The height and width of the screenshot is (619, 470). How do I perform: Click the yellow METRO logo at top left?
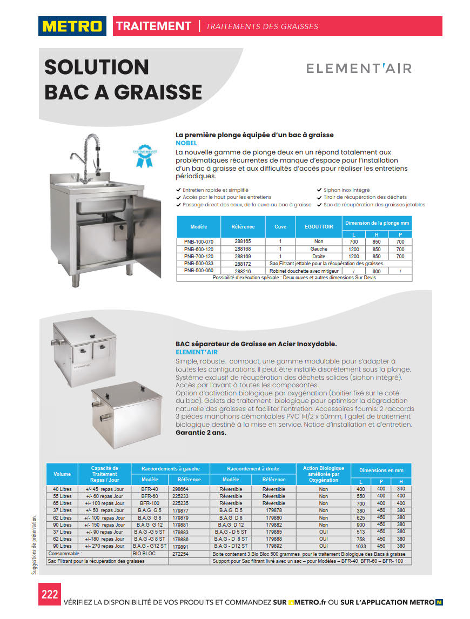pyautogui.click(x=72, y=26)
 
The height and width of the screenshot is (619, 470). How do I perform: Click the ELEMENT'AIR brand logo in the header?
pyautogui.click(x=359, y=69)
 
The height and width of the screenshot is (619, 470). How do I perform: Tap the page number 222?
pyautogui.click(x=49, y=595)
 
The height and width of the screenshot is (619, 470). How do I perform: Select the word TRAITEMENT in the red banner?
pyautogui.click(x=153, y=26)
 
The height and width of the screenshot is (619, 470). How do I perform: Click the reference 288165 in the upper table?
pyautogui.click(x=243, y=241)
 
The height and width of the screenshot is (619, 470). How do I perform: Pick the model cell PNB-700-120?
pyautogui.click(x=199, y=257)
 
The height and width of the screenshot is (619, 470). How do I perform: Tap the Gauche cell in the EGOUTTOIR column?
pyautogui.click(x=318, y=249)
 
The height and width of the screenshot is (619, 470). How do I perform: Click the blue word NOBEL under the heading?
pyautogui.click(x=187, y=143)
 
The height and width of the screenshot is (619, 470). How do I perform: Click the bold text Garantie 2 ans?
pyautogui.click(x=201, y=432)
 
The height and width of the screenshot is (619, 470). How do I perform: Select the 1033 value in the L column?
pyautogui.click(x=361, y=547)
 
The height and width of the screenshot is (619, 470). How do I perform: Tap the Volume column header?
pyautogui.click(x=62, y=474)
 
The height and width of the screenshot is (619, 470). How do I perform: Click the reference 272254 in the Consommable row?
pyautogui.click(x=180, y=554)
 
